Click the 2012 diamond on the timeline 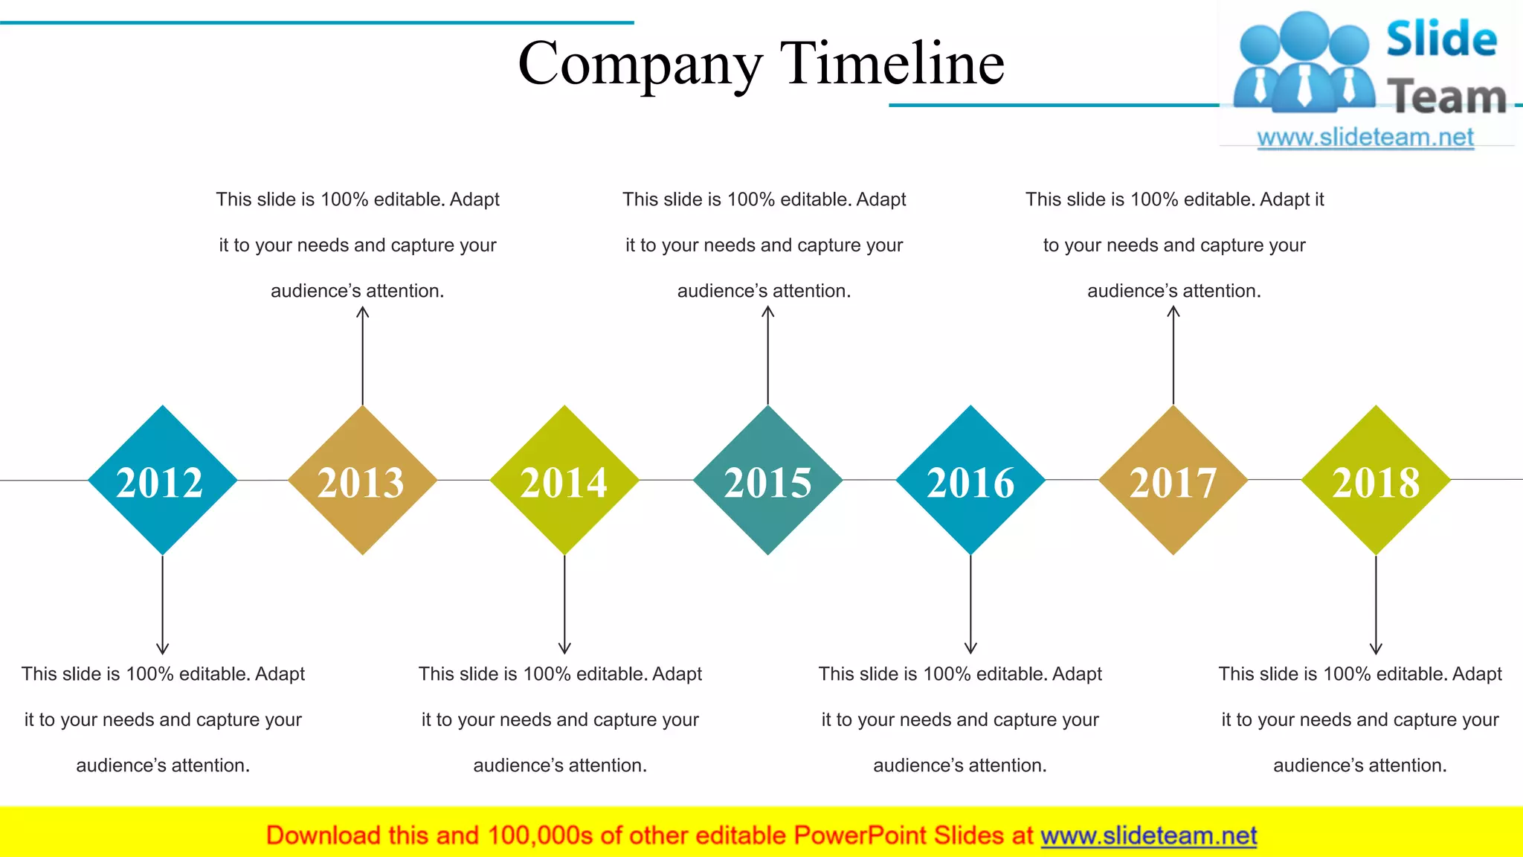point(162,481)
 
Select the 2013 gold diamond point(362,481)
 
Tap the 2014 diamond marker point(564,481)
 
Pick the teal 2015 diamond point(768,481)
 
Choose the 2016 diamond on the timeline point(970,481)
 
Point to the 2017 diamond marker point(1173,481)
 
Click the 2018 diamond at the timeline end point(1376,481)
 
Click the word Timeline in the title point(892,62)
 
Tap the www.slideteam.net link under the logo point(1365,138)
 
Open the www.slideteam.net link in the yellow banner point(1148,835)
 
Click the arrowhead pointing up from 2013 point(362,312)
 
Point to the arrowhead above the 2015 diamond point(768,312)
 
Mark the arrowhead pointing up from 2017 point(1173,312)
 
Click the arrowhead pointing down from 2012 point(162,649)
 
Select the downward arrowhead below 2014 point(564,649)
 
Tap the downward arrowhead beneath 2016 point(970,649)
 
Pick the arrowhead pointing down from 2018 point(1376,649)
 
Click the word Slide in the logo point(1441,39)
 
